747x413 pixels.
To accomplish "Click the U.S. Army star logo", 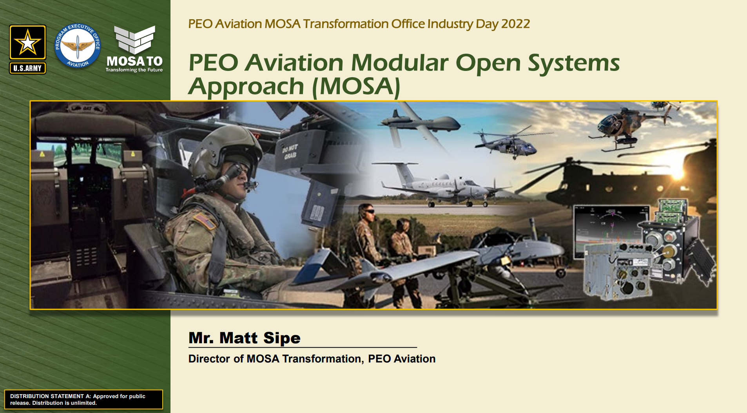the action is coord(27,49).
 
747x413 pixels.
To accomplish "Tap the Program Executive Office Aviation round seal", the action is coord(78,45).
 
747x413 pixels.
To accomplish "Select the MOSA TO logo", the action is coord(134,49).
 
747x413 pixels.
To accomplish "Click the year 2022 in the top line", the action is coord(515,24).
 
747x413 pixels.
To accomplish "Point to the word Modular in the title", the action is coord(400,63).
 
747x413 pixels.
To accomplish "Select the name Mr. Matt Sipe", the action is coord(245,338).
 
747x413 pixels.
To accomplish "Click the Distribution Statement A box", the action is coord(83,399).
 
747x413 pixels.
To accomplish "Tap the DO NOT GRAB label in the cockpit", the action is coord(290,152).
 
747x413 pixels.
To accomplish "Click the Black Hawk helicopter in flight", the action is coord(510,143).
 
